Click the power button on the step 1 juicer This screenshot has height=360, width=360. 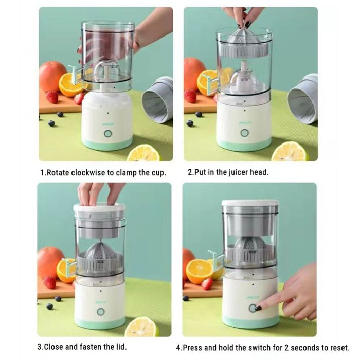click(x=108, y=133)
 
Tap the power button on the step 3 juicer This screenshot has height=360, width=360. click(x=100, y=312)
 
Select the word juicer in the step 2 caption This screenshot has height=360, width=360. click(x=231, y=172)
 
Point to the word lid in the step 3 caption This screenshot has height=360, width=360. click(x=119, y=347)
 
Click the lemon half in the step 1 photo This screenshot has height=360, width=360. click(x=144, y=153)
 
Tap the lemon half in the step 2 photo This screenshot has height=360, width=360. click(x=290, y=152)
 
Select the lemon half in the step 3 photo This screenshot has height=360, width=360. click(x=141, y=327)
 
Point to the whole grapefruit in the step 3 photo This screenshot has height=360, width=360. click(x=50, y=262)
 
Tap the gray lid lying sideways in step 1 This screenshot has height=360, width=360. click(x=157, y=100)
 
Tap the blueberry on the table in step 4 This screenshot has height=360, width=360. click(x=186, y=298)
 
